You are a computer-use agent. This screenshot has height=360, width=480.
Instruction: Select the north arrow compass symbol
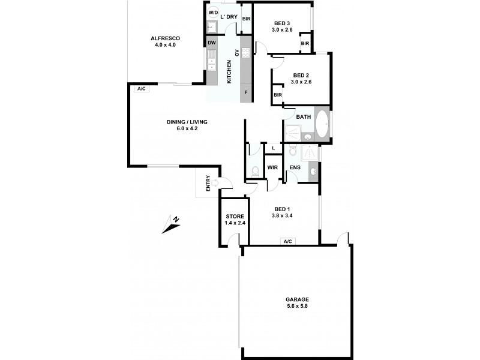(x=170, y=223)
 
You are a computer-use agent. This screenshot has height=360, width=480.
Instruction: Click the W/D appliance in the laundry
(x=213, y=13)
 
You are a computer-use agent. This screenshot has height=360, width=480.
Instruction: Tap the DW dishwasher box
(x=211, y=43)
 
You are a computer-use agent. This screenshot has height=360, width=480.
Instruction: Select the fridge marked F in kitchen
(x=245, y=93)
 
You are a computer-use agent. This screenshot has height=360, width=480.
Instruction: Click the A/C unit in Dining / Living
(x=142, y=89)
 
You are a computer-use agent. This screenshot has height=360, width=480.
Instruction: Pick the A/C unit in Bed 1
(x=287, y=241)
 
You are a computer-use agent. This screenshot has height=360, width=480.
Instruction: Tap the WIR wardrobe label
(x=272, y=167)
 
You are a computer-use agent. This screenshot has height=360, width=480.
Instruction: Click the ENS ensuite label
(x=295, y=167)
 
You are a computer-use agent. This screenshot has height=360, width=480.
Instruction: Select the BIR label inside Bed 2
(x=278, y=95)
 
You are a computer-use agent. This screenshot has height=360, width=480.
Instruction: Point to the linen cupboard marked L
(x=273, y=148)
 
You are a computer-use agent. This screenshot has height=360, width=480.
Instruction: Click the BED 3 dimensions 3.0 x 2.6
(x=281, y=29)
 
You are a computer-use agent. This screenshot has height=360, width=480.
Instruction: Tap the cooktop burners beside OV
(x=245, y=52)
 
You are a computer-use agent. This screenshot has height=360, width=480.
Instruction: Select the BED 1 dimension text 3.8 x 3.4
(x=282, y=215)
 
